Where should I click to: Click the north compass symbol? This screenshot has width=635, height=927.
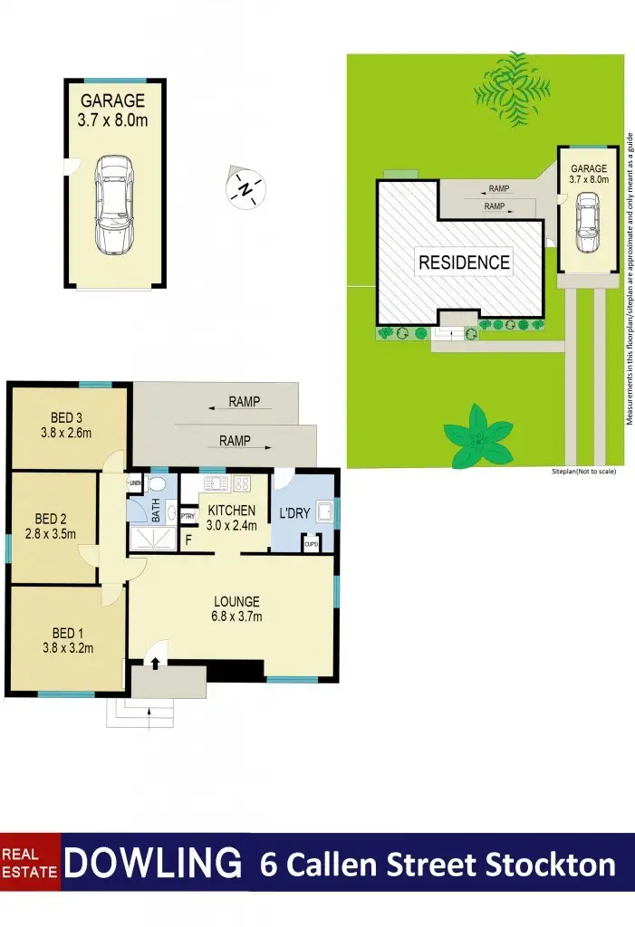(245, 188)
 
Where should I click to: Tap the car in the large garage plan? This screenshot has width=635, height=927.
(115, 203)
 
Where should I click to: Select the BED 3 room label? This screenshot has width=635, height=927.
(66, 417)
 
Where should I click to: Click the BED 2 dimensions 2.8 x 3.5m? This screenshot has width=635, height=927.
(52, 534)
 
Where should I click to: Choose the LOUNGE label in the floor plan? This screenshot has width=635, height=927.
(236, 601)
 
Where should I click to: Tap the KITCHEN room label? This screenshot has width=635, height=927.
(233, 511)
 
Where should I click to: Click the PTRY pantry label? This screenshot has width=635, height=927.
(188, 516)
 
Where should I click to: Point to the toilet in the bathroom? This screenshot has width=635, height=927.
(156, 483)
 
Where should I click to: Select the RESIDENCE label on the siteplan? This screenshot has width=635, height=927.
(464, 263)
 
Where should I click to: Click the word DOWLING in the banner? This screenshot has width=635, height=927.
(154, 864)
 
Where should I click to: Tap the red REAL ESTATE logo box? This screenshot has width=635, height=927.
(30, 864)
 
